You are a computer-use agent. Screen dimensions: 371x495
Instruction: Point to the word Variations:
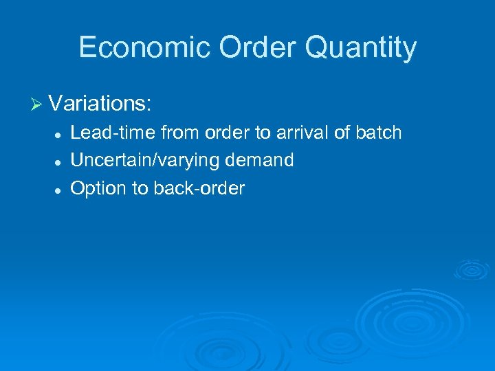pos(100,104)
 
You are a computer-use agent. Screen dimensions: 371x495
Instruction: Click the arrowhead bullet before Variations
pos(37,105)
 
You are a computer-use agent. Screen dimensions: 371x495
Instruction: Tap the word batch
pos(379,133)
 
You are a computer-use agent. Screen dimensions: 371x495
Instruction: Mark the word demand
pos(262,161)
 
